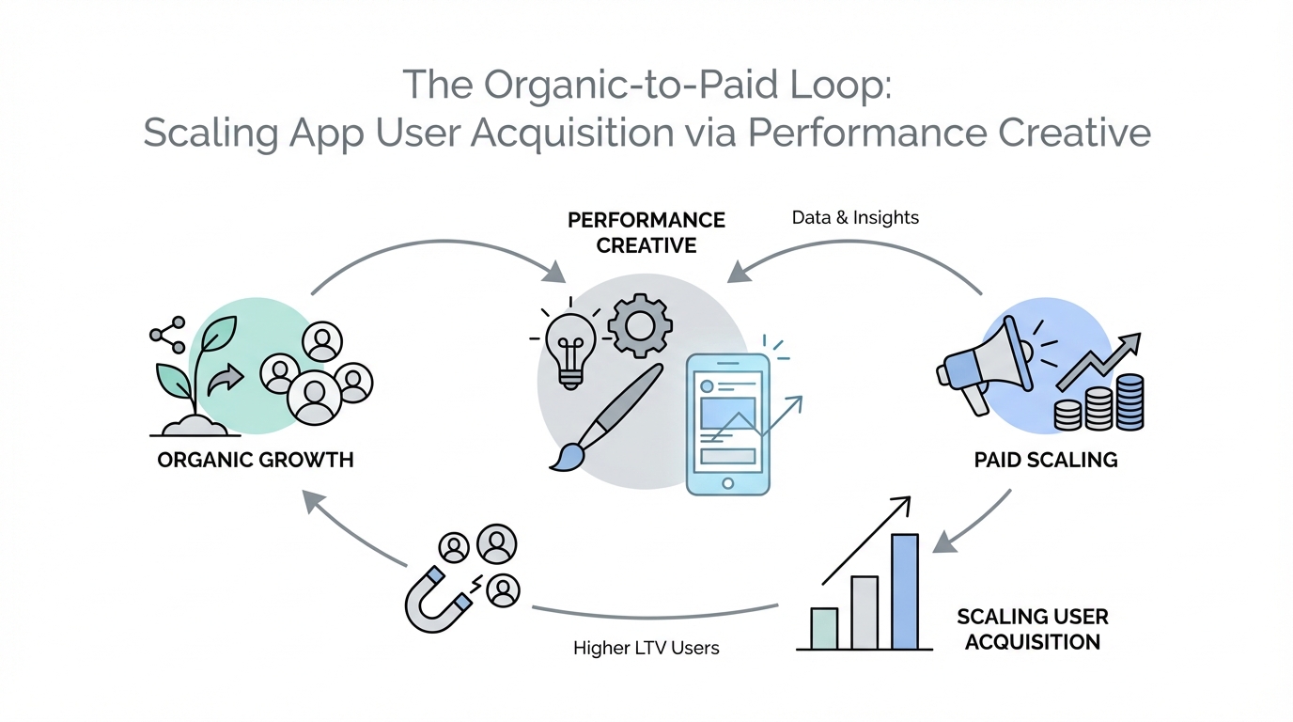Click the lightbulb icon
click(x=570, y=350)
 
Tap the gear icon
click(x=640, y=326)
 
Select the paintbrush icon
click(x=605, y=417)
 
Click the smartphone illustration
click(x=728, y=425)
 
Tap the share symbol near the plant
click(x=168, y=335)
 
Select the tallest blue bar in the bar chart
click(x=905, y=591)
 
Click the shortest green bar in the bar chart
click(x=824, y=628)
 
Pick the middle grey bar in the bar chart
click(x=865, y=612)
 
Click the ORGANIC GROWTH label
click(x=256, y=460)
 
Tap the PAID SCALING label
click(x=1046, y=460)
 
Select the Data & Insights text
click(x=855, y=217)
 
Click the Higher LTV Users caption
click(x=646, y=648)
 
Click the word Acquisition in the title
click(x=572, y=133)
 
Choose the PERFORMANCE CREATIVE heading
click(x=646, y=233)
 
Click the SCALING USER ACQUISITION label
click(x=1033, y=629)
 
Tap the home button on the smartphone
click(x=728, y=483)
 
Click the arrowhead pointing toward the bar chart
click(x=944, y=541)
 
